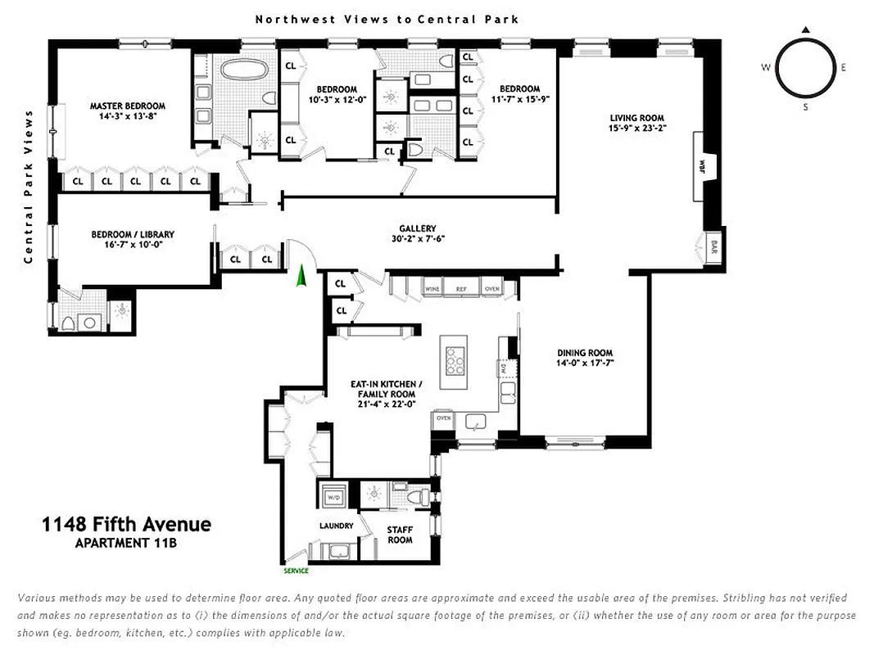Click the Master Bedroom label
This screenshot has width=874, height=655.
point(127,106)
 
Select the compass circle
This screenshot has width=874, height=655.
point(805,67)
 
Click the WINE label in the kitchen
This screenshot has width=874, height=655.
point(432,288)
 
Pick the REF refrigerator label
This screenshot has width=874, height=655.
point(462,288)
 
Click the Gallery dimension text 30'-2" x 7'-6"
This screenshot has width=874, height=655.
point(417,239)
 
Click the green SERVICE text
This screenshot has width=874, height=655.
point(296,571)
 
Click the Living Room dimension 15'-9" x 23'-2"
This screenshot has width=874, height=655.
point(636,128)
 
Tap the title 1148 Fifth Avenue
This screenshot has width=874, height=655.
point(126,525)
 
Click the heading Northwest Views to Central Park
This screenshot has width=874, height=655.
point(387,19)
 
